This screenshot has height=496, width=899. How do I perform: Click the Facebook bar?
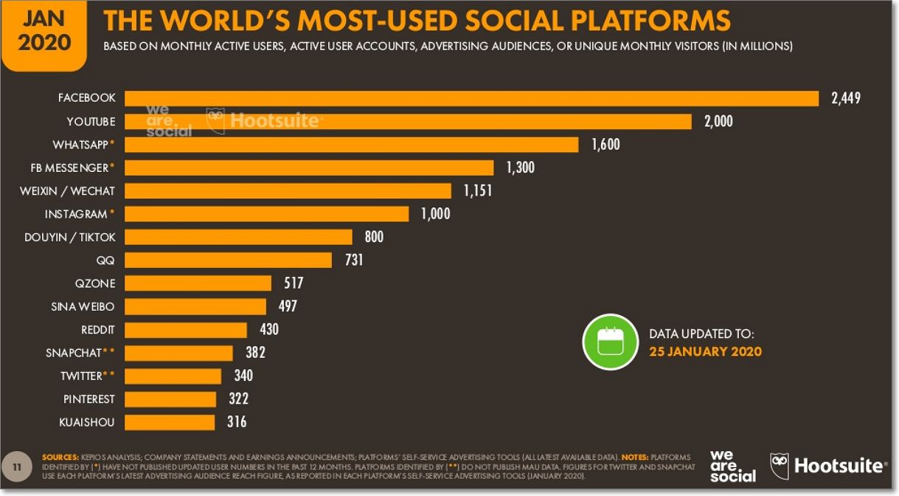pos(472,98)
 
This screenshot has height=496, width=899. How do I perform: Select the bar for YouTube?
pos(408,121)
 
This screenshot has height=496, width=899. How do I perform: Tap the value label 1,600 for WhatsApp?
pos(605,145)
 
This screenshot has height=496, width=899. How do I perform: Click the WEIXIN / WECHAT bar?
pos(288,191)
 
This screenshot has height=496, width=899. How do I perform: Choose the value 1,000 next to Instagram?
pos(435,214)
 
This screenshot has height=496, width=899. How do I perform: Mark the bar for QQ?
pos(228,260)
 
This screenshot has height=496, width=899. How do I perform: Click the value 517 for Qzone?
pos(294,283)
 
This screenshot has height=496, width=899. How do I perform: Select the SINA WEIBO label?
pos(83,306)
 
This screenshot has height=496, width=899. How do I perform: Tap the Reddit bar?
pos(186,330)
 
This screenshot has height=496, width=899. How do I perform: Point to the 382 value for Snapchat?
pos(255,353)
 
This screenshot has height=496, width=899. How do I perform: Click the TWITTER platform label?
pos(81,376)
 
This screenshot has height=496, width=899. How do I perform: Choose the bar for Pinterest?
pos(170,399)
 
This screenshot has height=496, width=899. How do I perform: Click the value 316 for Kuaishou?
pos(237,422)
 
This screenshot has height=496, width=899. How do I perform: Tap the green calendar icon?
pos(610,342)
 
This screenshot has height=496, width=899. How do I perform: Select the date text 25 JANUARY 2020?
pos(705,351)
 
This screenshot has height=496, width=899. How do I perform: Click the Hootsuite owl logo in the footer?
pos(780,466)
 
